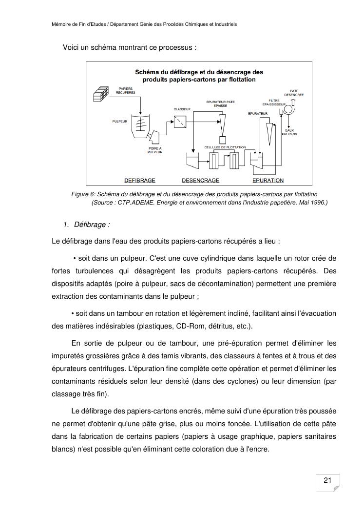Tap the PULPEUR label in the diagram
click(119, 121)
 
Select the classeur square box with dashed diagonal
click(180, 122)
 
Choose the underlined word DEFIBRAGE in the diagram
click(139, 180)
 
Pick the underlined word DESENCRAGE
click(200, 180)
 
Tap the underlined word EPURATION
click(268, 180)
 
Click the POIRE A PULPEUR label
click(155, 150)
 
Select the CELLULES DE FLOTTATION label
click(225, 147)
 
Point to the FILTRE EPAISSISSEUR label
click(274, 103)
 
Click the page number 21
click(327, 480)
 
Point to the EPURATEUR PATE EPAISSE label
click(220, 103)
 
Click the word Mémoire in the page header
click(62, 24)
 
